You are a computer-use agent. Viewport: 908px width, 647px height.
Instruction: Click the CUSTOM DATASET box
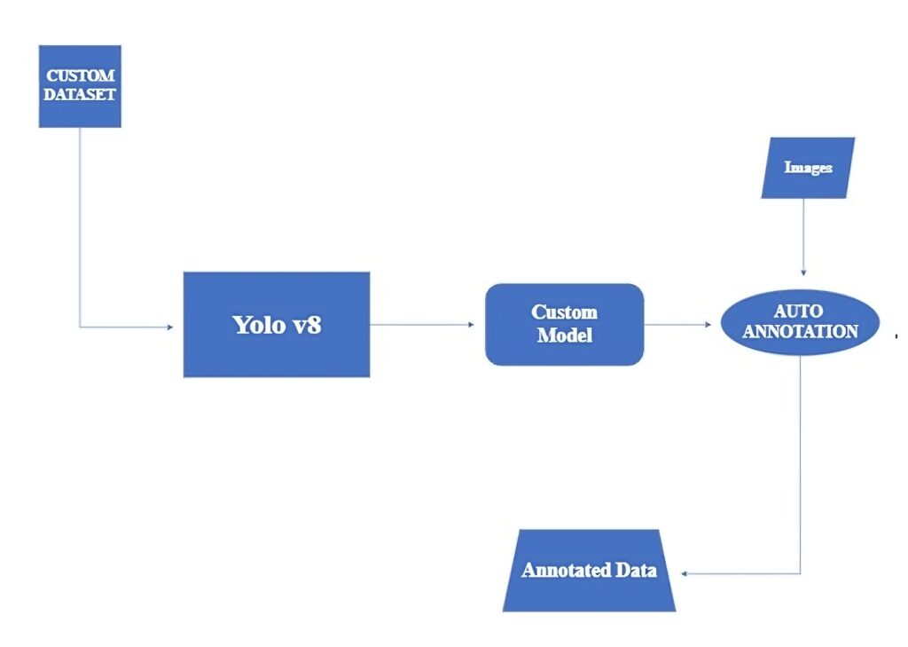(80, 86)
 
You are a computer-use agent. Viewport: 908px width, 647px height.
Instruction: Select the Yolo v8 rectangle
(277, 325)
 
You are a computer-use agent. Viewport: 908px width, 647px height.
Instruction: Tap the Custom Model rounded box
(564, 325)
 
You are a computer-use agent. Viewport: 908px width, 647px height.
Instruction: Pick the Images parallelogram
(808, 168)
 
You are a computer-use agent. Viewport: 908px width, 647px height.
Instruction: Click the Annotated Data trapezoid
(589, 571)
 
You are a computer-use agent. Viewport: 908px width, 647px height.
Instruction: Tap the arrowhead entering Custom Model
(471, 325)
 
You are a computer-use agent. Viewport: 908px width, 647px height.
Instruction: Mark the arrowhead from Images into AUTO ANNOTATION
(803, 272)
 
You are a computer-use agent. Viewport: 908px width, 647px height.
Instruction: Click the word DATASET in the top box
(81, 94)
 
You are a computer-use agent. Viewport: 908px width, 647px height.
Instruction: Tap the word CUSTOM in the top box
(81, 76)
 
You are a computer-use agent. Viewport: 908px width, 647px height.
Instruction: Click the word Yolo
(258, 325)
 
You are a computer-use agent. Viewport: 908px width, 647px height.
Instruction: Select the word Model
(564, 336)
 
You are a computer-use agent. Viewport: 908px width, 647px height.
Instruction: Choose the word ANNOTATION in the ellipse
(800, 332)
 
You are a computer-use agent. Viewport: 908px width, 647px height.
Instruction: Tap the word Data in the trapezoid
(638, 571)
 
